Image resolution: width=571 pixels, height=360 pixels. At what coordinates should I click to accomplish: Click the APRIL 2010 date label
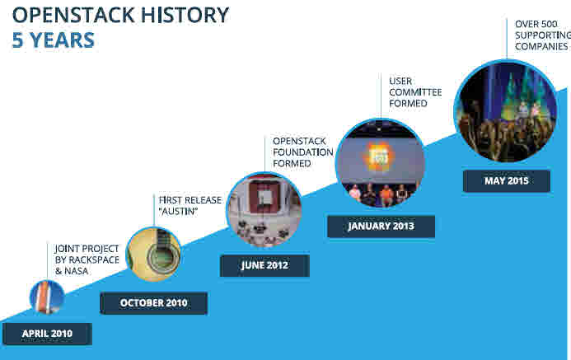pos(47,334)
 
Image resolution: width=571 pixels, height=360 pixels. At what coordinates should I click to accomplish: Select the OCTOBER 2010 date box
pos(154,303)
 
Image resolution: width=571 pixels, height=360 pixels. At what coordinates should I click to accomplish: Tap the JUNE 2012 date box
pos(264,265)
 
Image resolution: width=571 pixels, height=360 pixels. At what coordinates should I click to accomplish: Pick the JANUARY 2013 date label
pos(381,227)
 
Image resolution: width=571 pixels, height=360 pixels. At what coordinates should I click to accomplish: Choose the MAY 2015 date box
pos(507,181)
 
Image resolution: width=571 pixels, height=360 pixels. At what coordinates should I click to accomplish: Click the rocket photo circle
pos(47,297)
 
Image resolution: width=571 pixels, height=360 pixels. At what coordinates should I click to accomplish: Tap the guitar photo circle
pos(154,254)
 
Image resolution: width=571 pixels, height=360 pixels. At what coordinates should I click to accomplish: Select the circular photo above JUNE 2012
pos(264,210)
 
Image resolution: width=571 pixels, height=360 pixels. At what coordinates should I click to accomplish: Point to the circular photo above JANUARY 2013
pos(380,163)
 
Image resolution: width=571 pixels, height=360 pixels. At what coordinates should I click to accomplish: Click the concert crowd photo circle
pos(505,111)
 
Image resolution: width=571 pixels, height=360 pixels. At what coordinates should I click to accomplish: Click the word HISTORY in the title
pos(185,16)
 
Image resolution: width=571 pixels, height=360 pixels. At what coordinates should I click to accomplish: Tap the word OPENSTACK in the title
pos(73,16)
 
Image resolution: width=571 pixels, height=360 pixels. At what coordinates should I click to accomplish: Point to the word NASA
pos(77,271)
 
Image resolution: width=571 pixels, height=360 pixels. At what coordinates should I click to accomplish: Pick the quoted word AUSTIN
pos(179,211)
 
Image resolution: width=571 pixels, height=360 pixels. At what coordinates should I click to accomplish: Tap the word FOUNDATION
pos(303,152)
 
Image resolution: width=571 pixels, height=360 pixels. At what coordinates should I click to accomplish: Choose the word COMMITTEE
pos(415,92)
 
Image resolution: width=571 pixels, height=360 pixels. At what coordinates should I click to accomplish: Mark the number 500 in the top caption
pos(549,24)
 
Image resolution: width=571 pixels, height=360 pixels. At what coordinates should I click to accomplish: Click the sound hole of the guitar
pos(163,257)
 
